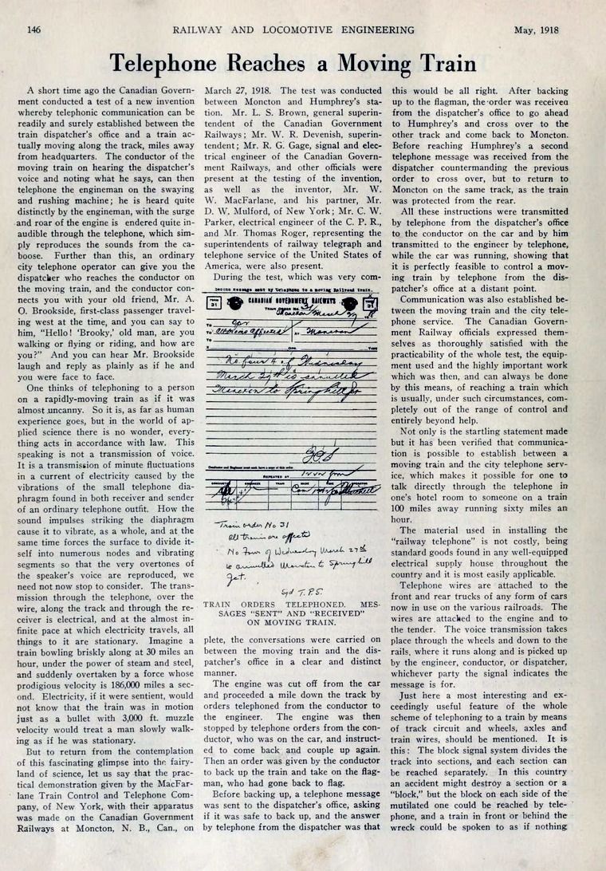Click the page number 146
[34, 30]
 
